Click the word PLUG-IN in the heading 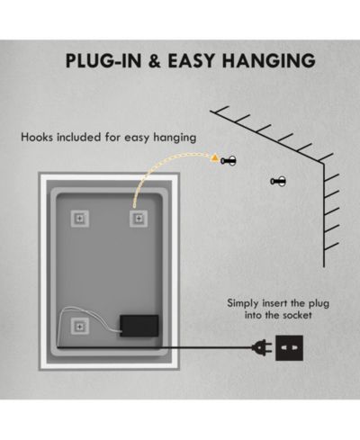click(x=103, y=60)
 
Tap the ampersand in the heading click(x=155, y=60)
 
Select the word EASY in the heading click(x=192, y=60)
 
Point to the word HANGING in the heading click(x=269, y=60)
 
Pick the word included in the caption click(x=79, y=137)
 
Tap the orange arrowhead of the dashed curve click(x=214, y=158)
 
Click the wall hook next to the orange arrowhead click(x=229, y=161)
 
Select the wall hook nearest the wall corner click(x=278, y=181)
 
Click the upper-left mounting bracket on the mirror click(x=79, y=219)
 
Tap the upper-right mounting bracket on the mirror click(x=139, y=219)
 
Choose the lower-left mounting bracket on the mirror click(x=79, y=327)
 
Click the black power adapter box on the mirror click(x=139, y=326)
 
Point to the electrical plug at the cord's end click(x=262, y=348)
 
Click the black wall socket click(x=289, y=348)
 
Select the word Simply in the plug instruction click(x=243, y=303)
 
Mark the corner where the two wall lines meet click(x=324, y=164)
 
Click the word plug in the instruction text click(x=319, y=304)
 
